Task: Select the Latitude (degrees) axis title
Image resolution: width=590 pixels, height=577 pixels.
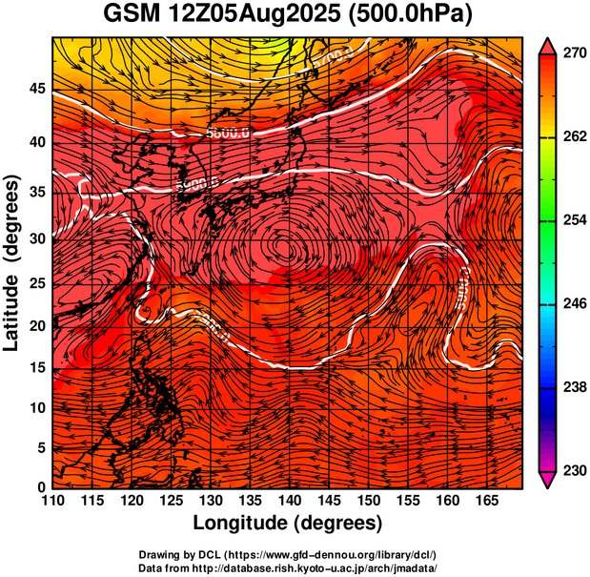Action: point(13,262)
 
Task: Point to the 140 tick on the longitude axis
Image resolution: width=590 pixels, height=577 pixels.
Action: point(288,500)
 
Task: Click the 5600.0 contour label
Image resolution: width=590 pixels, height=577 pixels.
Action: point(229,134)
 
